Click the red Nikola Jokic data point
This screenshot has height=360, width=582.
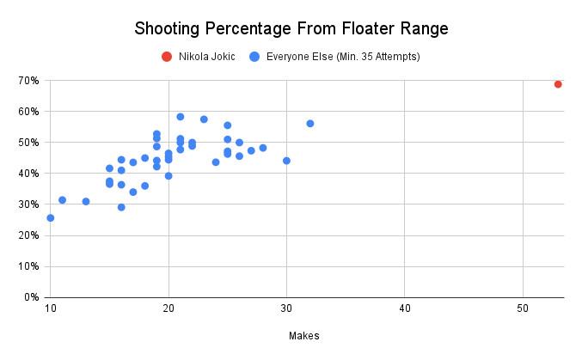558,84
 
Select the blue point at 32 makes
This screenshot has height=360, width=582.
310,124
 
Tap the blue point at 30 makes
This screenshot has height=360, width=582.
286,161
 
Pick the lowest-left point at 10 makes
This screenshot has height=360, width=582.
51,218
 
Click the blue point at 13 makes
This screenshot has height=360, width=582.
86,202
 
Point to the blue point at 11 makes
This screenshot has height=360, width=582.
62,200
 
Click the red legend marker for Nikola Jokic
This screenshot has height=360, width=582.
166,57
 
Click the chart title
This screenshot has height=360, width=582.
291,28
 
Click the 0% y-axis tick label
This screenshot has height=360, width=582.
30,297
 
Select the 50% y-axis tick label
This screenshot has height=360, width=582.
28,143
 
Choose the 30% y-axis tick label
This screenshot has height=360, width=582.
28,204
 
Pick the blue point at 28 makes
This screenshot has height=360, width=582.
263,148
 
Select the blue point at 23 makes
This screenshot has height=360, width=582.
204,119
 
